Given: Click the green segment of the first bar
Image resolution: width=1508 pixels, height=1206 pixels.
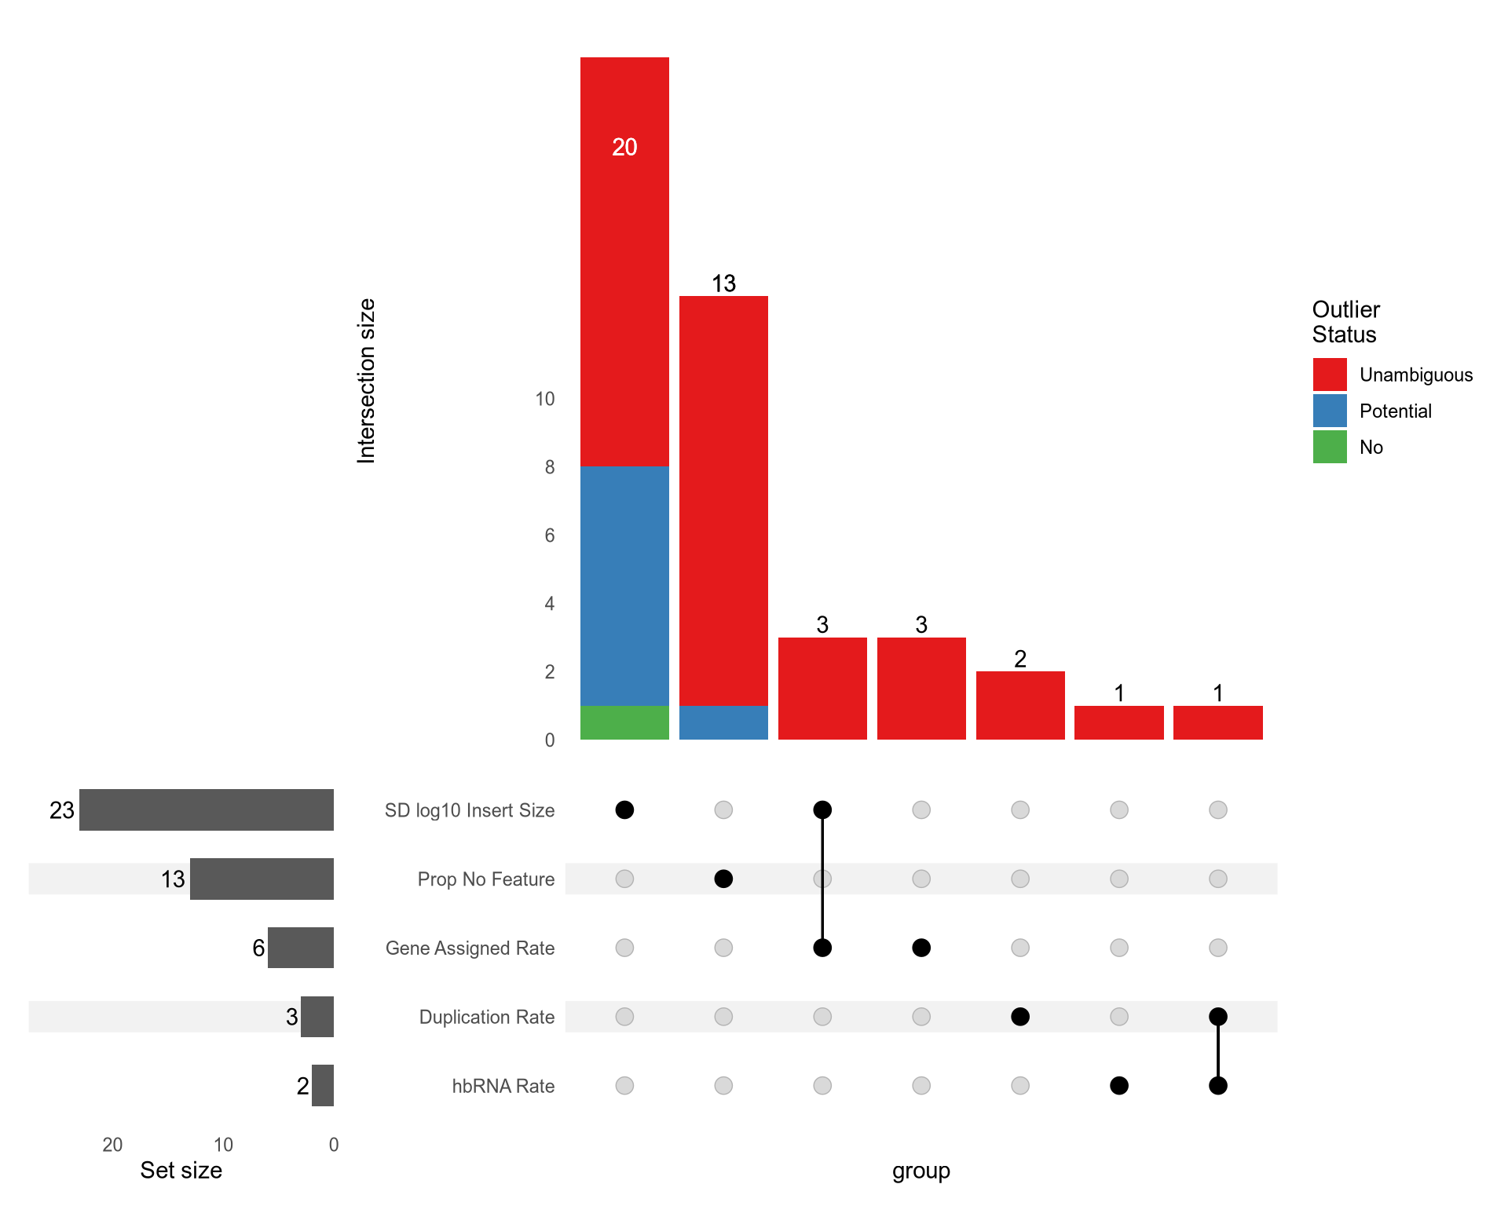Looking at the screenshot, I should coord(624,722).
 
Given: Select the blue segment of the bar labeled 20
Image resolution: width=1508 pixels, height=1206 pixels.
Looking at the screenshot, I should coord(624,586).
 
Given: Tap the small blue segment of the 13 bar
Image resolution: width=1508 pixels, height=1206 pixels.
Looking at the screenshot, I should coord(723,722).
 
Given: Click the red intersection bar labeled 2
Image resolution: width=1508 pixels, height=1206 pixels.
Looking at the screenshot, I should coord(1020,705).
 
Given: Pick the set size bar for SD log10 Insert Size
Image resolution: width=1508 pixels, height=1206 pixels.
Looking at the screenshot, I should coord(207,809).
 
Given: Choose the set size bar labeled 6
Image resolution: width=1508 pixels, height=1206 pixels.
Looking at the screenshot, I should coord(301,948).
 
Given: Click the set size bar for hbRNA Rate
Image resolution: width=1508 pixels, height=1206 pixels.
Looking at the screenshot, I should coord(323,1086).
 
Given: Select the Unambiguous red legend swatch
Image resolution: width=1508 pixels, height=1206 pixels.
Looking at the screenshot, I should coord(1330,375).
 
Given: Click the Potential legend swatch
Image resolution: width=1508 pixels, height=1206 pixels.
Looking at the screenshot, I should coord(1330,411).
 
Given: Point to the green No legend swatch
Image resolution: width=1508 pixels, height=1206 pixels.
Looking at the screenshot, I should coord(1330,447).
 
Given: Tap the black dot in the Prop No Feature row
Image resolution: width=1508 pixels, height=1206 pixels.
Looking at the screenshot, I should coord(723,879).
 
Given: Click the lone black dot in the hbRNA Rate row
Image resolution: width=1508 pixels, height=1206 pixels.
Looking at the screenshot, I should coord(1119,1086).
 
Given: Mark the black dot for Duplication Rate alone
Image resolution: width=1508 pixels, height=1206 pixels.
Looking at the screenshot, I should coord(1020,1017).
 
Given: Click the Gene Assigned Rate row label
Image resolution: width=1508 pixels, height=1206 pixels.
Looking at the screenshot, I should coord(470,948).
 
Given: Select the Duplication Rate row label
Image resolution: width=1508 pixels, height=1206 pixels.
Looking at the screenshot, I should coord(486,1018).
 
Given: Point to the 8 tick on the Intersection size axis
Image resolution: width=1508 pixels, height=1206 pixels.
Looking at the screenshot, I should coord(550,467).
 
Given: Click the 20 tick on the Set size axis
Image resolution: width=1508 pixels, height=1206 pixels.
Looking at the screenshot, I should coord(112,1145).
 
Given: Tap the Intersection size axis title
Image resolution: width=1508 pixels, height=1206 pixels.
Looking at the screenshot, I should coord(366,381).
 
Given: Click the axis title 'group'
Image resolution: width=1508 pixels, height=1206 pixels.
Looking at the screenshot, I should coord(921,1171).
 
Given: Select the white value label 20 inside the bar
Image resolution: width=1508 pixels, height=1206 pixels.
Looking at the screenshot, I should coord(624,147).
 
